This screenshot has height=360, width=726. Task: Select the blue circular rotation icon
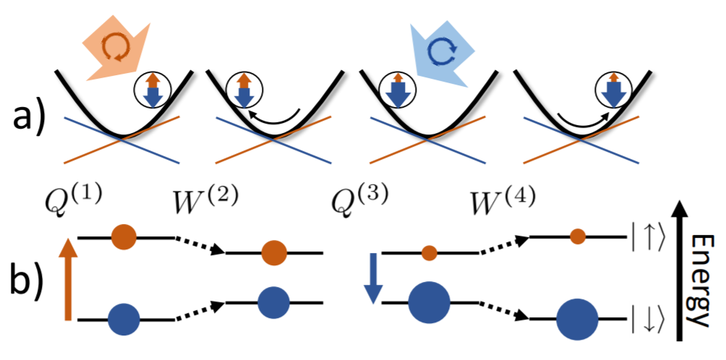pos(441,48)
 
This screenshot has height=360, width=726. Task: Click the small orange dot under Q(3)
pos(429,252)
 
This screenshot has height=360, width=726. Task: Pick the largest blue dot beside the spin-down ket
pos(577,317)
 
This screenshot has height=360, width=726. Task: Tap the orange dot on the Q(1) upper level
pos(124,236)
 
